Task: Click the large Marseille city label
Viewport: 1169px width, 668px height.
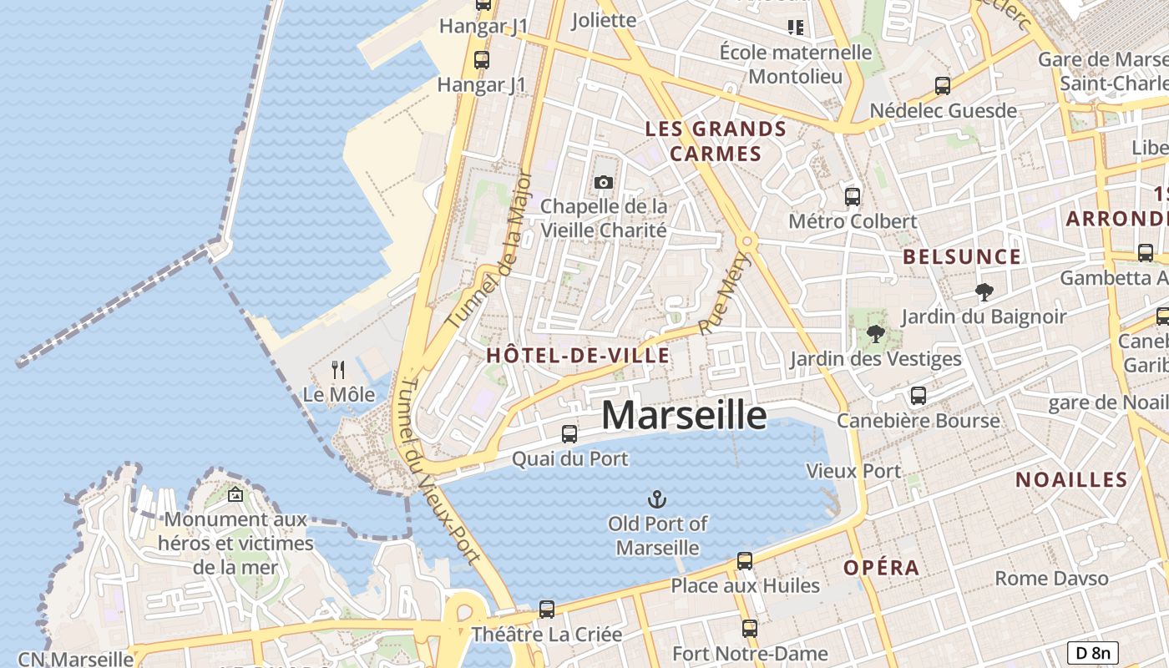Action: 683,415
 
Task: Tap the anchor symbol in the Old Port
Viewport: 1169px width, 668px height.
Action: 657,499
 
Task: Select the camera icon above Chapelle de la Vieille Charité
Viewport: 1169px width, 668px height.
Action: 603,182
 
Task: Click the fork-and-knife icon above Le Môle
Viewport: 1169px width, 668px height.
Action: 338,369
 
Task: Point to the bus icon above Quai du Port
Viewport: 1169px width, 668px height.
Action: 569,434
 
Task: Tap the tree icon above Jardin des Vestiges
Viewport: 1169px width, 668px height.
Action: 875,335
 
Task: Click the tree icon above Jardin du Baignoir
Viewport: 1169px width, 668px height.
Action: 984,292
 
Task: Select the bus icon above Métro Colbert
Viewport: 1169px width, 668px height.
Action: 853,197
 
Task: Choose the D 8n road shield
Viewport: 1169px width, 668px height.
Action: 1092,653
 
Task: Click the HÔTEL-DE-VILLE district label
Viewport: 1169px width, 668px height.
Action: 578,356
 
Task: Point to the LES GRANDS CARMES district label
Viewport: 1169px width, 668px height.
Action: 716,141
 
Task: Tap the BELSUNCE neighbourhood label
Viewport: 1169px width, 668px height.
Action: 962,256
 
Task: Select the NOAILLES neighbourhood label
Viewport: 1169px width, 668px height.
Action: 1071,479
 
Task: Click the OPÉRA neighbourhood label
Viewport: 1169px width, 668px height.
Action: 881,568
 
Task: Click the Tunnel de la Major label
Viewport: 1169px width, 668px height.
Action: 490,249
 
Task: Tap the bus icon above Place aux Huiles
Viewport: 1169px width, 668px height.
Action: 745,561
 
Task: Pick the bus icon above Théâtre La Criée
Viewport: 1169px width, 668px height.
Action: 547,610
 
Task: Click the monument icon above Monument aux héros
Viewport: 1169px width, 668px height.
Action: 235,494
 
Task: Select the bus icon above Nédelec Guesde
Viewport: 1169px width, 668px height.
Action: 943,86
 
